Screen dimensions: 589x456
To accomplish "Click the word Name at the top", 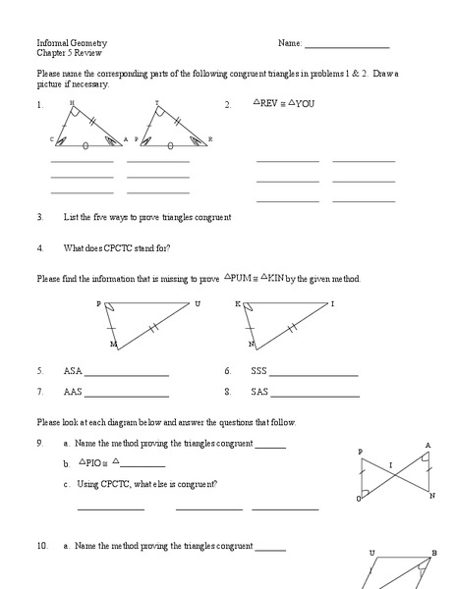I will coord(290,44).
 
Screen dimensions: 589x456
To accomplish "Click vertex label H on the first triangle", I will coord(72,102).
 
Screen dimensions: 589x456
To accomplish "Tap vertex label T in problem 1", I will coord(157,102).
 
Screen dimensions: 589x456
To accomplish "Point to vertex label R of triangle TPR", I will coord(210,140).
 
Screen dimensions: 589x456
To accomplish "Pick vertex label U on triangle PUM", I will coord(198,304).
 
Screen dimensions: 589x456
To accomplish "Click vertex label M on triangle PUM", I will coord(113,346).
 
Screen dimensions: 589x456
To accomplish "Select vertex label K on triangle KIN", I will coord(238,304).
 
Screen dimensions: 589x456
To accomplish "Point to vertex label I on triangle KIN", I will coord(332,304).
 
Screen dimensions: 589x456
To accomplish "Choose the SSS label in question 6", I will coord(258,372).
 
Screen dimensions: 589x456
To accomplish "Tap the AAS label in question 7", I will coord(73,392).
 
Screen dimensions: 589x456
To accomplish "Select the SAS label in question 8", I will coord(258,392).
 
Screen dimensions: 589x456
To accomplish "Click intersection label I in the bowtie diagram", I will coord(390,464).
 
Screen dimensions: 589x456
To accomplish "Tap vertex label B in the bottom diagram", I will coord(433,553).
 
